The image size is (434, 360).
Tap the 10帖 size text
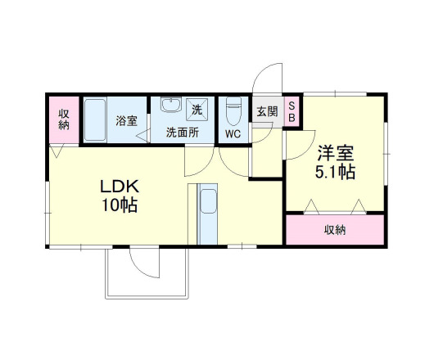[117, 205]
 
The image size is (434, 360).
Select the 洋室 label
[335, 152]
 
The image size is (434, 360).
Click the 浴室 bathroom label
[126, 119]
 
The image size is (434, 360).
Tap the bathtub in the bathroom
[96, 119]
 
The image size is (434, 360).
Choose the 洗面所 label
[182, 132]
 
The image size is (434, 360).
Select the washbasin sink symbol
[171, 107]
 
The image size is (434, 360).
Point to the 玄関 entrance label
[267, 111]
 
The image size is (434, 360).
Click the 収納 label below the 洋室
[335, 229]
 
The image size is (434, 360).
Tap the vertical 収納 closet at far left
[63, 119]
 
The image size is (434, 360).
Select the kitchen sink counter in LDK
[208, 214]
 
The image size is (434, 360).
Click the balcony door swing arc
[143, 263]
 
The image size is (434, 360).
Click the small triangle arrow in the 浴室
[142, 137]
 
